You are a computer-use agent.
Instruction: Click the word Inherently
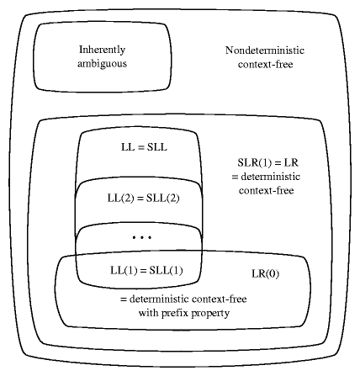tap(102, 50)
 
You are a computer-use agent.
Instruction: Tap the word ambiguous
tap(102, 64)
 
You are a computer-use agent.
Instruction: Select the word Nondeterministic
tap(265, 50)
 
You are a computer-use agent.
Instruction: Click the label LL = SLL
tap(144, 147)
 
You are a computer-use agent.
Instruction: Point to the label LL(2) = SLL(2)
tap(143, 199)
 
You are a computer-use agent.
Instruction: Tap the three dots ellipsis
tap(142, 238)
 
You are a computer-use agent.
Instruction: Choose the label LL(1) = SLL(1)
tap(146, 271)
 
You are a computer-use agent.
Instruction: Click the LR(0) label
tap(266, 273)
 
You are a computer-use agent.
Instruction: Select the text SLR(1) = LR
tap(268, 162)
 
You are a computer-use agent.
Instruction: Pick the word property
tap(210, 314)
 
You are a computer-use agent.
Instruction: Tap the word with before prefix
tap(149, 313)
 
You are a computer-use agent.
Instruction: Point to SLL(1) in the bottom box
tap(166, 271)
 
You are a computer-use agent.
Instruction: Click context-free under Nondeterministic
tap(266, 65)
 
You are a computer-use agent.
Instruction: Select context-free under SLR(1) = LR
tap(267, 191)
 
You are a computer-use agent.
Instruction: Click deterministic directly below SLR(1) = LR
tap(271, 177)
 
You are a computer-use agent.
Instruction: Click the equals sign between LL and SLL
tap(141, 148)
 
